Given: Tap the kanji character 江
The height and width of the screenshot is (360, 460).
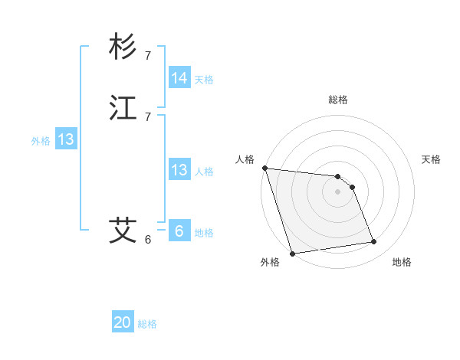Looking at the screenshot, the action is pos(123,108).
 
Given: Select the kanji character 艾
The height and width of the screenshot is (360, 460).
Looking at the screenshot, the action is pos(123,230).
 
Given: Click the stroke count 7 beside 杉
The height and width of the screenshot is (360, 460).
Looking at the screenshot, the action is pos(148,55).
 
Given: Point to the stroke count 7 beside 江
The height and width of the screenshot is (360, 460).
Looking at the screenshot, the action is pos(148,116).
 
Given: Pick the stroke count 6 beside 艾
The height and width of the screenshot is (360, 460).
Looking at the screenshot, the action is pos(148,239).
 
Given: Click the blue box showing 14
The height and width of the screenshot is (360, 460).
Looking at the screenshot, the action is pos(179,78).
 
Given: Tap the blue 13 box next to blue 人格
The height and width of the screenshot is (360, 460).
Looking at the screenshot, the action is pos(179,170).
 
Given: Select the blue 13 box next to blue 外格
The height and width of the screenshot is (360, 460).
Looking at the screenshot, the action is pos(66,139).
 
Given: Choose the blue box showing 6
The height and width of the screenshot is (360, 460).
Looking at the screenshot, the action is pos(179,231).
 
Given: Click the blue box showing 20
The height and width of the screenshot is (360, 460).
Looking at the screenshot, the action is pos(123,322).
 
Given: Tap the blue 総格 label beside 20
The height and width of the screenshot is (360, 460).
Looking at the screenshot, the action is pos(147,324).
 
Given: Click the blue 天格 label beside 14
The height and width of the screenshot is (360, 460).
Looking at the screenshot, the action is pos(204,80).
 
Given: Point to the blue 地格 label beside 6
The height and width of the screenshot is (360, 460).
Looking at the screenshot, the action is pos(204,233).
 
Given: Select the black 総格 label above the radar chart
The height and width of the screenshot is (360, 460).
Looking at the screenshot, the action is pos(338,100).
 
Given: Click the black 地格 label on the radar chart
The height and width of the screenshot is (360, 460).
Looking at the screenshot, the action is pos(402,263).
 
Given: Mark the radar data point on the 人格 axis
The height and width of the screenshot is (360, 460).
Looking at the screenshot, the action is pos(264,168).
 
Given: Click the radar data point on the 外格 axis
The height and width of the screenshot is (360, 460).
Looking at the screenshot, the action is pos(292,253).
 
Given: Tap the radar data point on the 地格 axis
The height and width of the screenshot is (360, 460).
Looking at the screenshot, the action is pos(374,242).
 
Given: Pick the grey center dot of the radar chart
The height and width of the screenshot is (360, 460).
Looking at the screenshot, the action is pos(338,191).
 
